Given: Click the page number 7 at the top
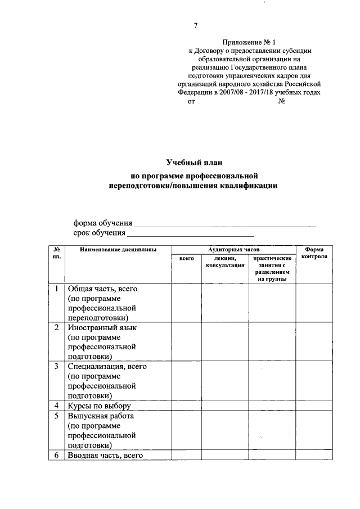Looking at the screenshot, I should click(x=196, y=25).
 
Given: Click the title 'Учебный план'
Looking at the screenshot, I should click(x=195, y=164).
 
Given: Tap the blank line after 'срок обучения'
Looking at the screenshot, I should click(x=191, y=234).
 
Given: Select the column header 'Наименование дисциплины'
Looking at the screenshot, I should click(x=118, y=249).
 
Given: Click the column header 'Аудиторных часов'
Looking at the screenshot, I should click(x=233, y=249).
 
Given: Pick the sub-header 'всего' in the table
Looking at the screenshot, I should click(x=186, y=258).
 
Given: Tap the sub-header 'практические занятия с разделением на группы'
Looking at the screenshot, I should click(x=272, y=268).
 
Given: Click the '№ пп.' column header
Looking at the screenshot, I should click(x=57, y=253).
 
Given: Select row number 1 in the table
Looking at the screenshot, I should click(x=57, y=289).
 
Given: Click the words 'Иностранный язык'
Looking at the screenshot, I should click(x=102, y=327).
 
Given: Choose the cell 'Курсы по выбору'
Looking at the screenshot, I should click(x=99, y=406).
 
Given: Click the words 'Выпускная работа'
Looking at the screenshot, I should click(x=101, y=416).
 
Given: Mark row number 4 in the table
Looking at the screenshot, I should click(x=57, y=406).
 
